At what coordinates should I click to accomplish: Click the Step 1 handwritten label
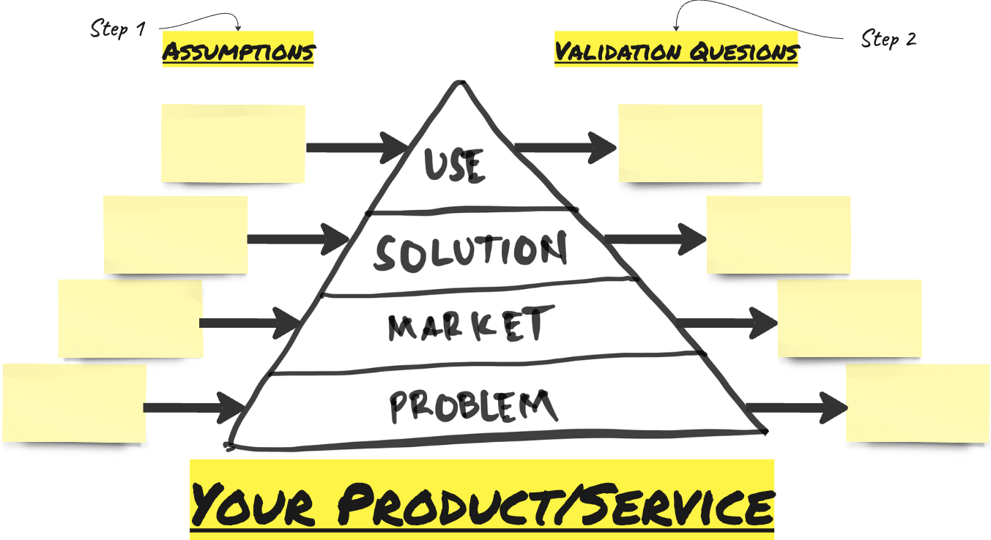pos(117,29)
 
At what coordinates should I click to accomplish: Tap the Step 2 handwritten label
pos(888,38)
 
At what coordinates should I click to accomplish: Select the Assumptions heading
pos(238,51)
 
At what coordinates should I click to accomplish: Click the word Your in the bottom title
pos(253,503)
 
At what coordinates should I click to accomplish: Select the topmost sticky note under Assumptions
pos(233,143)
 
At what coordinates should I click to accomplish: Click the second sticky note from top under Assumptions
pos(175,234)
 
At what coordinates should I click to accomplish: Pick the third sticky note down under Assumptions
pos(130,319)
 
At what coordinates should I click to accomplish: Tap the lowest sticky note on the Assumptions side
pos(73,403)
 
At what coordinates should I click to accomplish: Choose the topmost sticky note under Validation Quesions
pos(690,143)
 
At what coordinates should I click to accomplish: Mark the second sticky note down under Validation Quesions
pos(778,235)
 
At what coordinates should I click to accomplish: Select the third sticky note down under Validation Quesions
pos(849,318)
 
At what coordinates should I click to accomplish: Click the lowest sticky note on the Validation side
pos(918,402)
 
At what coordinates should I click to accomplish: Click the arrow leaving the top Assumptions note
pos(356,148)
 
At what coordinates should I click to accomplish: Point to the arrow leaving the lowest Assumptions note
pos(193,408)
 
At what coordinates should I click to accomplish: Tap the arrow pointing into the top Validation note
pos(566,148)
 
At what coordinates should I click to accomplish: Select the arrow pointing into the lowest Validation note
pos(796,408)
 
